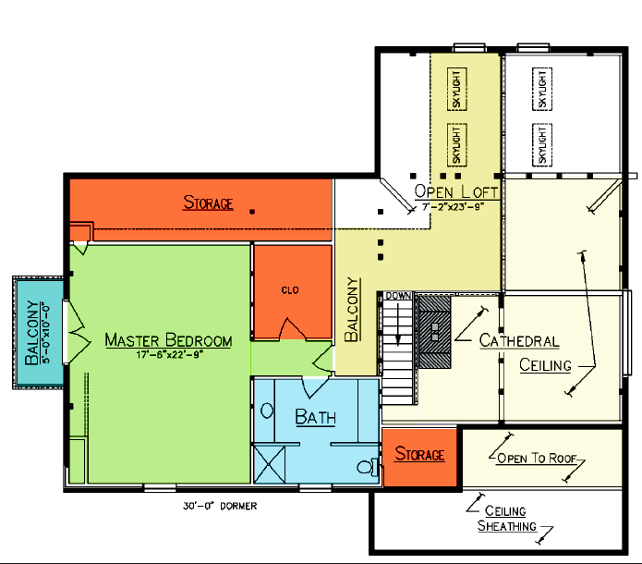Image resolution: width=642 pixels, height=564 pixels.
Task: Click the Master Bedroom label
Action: [168, 340]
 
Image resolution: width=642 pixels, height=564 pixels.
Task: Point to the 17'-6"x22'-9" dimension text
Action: [170, 354]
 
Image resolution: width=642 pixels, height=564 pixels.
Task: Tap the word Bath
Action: [315, 417]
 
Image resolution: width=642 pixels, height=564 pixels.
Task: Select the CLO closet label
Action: [290, 290]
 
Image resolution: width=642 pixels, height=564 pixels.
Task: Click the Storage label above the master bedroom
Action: [208, 202]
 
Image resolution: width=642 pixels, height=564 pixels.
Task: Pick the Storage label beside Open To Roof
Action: [419, 454]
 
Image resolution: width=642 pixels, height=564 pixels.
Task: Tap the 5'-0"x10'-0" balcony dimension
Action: [46, 333]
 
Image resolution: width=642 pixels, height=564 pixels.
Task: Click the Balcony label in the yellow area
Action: [351, 310]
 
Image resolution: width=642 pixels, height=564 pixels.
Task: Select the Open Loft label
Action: [455, 191]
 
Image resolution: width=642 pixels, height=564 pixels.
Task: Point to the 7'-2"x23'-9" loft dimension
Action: [454, 206]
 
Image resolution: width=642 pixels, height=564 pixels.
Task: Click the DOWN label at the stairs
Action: [398, 296]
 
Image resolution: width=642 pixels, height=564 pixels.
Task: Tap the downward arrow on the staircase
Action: [397, 327]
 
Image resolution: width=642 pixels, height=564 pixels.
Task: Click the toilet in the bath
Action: [368, 467]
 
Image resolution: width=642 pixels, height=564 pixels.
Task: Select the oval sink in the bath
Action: [267, 411]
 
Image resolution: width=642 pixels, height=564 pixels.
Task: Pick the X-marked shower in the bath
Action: [270, 464]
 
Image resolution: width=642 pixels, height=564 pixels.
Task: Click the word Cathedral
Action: [519, 340]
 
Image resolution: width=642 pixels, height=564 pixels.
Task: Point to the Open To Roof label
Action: [537, 458]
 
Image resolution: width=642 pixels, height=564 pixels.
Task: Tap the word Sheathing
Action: [507, 526]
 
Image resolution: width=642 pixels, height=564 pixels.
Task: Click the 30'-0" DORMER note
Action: [220, 506]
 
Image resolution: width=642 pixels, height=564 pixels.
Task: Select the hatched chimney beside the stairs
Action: [435, 332]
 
